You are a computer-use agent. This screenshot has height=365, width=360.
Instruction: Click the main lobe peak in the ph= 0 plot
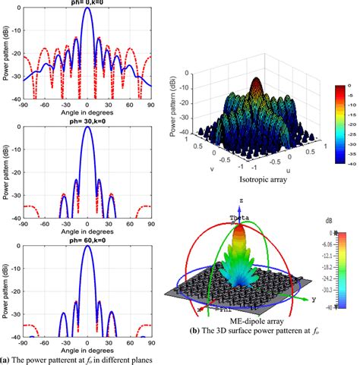pos(88,8)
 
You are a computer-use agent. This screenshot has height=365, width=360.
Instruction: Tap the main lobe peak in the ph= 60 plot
pos(88,248)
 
